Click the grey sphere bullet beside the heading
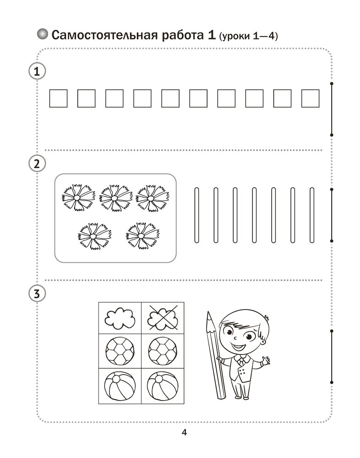pos(43,34)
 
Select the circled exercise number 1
pos(37,71)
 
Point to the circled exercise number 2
pos(37,164)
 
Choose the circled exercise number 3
pos(37,294)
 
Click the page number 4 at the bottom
pos(184,432)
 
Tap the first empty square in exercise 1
pos(59,98)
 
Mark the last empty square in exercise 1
pos(311,98)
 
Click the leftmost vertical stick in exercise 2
pos(196,215)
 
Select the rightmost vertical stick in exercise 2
pos(312,215)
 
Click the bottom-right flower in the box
pos(142,236)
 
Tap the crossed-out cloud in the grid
pos(163,318)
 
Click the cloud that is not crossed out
pos(120,318)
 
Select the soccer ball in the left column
pos(120,351)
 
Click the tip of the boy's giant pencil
pos(208,312)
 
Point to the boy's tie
pos(241,361)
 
